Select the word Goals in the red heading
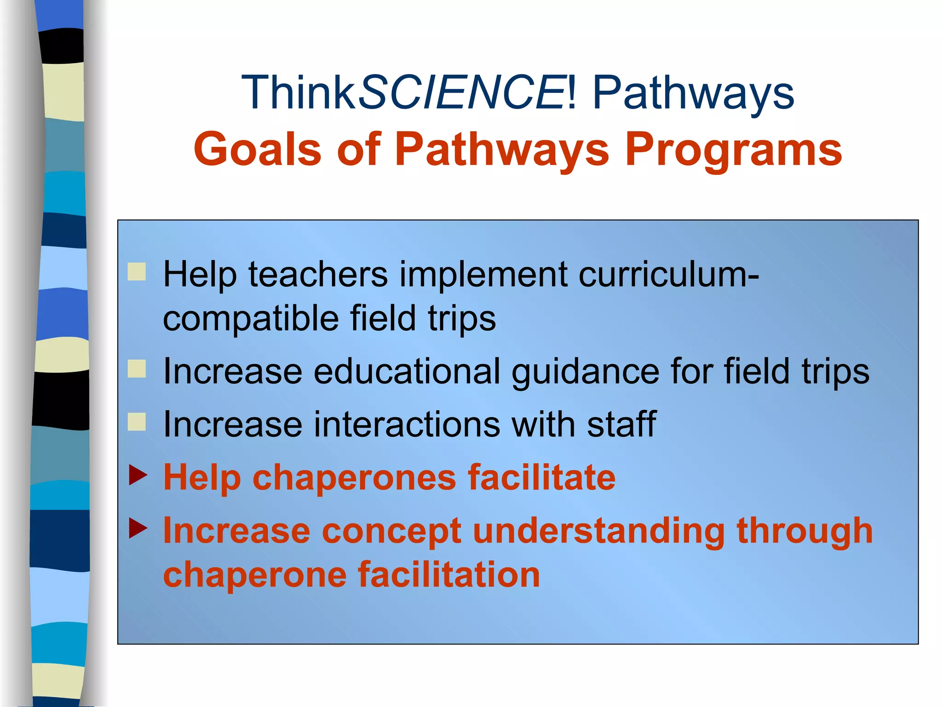[257, 150]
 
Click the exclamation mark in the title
[572, 93]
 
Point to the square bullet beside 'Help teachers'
[137, 272]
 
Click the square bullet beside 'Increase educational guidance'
[137, 369]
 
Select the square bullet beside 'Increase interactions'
[137, 422]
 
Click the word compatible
[251, 319]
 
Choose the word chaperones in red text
[354, 478]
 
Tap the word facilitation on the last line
[449, 575]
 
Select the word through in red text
[804, 531]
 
